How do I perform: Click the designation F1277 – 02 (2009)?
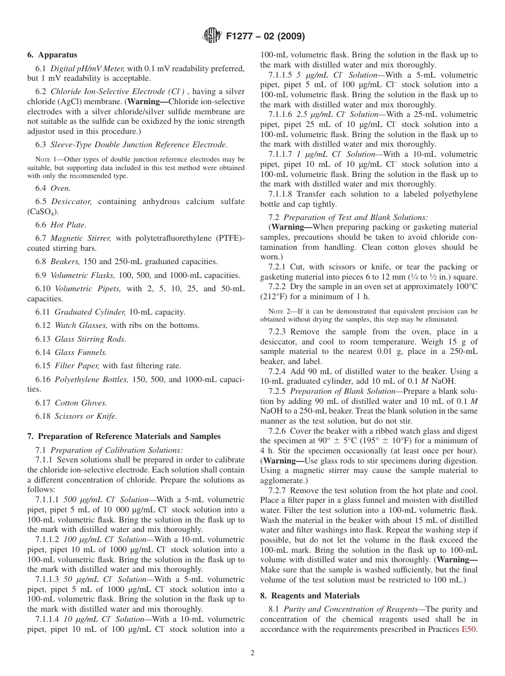pyautogui.click(x=265, y=37)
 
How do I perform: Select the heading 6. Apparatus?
pyautogui.click(x=52, y=55)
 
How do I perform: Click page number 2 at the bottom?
pyautogui.click(x=252, y=653)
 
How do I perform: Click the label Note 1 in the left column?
pyautogui.click(x=46, y=159)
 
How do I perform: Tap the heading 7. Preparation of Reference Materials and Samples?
pyautogui.click(x=124, y=436)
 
